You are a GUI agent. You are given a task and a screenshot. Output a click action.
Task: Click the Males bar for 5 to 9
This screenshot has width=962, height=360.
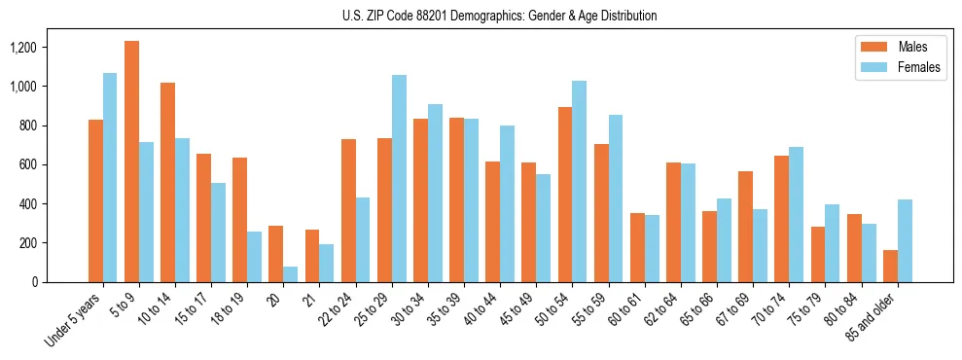131,162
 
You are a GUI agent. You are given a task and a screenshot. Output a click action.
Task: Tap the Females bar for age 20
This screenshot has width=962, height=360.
291,274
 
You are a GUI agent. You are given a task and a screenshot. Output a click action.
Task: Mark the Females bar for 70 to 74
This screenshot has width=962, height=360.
797,214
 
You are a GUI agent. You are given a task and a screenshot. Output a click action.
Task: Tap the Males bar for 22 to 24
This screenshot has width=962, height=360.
348,210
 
